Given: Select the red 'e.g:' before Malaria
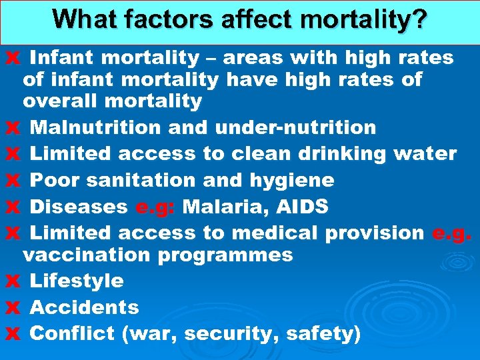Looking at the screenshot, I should pos(155,207).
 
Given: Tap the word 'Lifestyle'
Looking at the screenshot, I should pos(77,281).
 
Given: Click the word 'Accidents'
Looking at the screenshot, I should pos(85,307).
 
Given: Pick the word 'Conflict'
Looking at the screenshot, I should pos(73,333).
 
